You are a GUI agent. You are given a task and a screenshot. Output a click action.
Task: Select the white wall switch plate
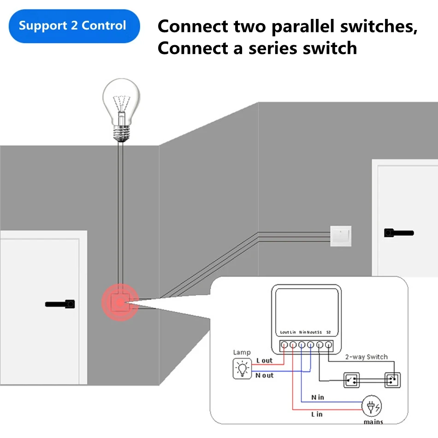(341, 236)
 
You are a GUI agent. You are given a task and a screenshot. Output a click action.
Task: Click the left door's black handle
(60, 304)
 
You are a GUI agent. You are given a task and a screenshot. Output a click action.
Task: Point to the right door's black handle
(398, 233)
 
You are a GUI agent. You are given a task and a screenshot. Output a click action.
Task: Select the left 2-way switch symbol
(353, 380)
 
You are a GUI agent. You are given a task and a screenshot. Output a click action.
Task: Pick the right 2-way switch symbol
(392, 380)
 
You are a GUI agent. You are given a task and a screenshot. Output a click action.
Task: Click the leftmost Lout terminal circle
(284, 344)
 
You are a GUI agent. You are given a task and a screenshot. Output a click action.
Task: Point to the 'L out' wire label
(264, 361)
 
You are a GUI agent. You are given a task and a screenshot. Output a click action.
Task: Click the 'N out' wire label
(265, 375)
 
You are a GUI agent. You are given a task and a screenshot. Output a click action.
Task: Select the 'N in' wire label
(318, 397)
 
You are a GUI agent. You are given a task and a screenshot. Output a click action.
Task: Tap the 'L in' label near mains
(317, 414)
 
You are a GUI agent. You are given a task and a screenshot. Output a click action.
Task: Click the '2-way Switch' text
(367, 357)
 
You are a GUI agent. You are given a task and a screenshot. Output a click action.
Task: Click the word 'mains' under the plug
(373, 421)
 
